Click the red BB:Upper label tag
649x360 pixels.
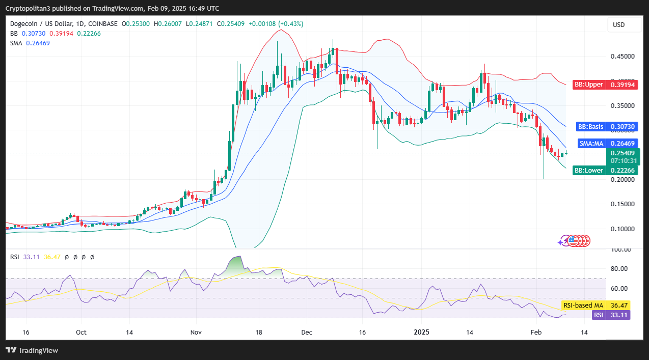tap(588, 85)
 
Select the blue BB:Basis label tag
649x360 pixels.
tap(590, 126)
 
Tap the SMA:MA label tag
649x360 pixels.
tap(591, 144)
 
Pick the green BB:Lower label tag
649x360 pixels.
tap(588, 171)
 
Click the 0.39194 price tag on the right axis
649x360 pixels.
tap(622, 85)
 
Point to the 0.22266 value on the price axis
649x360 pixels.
tap(622, 171)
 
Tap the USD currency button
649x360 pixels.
tap(618, 25)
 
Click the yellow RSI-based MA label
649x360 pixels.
tap(583, 305)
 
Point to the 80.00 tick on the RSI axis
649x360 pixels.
tap(620, 269)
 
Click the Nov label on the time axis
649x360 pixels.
tap(196, 332)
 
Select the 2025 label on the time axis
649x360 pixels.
tap(422, 332)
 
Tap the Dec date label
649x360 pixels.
tap(306, 332)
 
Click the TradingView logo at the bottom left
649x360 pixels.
tap(32, 350)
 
